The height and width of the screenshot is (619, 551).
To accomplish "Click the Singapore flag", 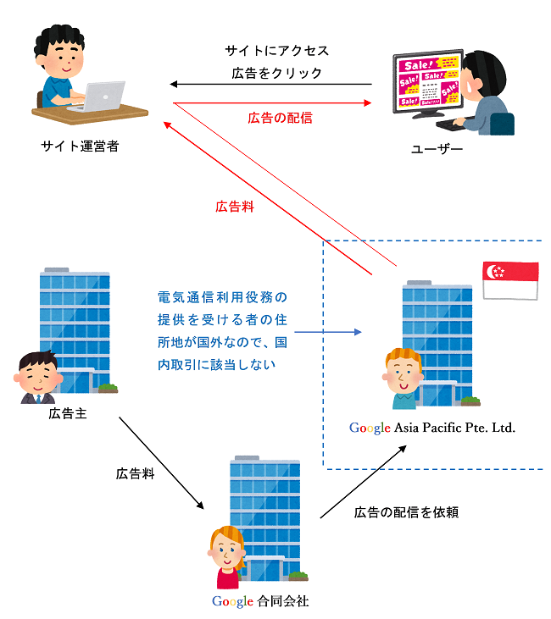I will coord(509,280).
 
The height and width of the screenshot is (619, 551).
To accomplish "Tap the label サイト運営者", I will coord(80,146).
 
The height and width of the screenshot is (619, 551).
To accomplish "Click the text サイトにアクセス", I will coord(277,51).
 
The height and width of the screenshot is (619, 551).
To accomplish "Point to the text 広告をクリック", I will coord(277,73).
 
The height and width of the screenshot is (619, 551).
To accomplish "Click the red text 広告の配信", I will coord(280,118).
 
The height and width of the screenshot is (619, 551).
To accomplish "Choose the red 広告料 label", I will coord(235,206).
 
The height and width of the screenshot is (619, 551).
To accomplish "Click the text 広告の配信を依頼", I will coord(406,511).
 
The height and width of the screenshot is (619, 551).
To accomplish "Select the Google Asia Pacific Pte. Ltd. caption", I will coord(432,428).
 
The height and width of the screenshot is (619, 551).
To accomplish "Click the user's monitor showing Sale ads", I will coord(428,82).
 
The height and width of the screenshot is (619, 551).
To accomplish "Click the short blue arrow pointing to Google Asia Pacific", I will coord(326,332).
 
